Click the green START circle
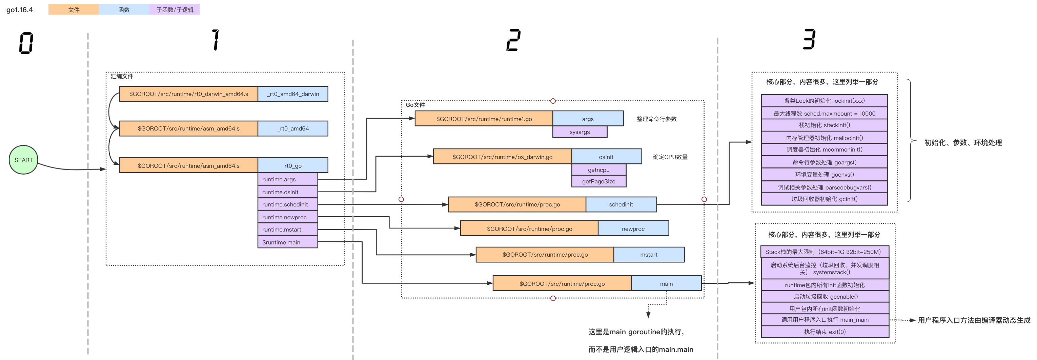coord(23,160)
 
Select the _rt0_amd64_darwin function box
coord(293,94)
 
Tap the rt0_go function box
coord(293,165)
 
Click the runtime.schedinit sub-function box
coord(287,204)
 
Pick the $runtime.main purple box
coord(287,242)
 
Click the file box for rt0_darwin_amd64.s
coord(188,94)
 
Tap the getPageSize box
coord(598,181)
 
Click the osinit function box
coord(606,157)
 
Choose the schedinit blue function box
coord(621,204)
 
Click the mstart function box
coord(649,255)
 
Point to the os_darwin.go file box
coord(502,157)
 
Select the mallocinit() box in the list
coord(824,138)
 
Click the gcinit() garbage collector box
coord(824,199)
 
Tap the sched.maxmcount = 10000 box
coord(824,114)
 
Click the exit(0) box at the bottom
coord(825,332)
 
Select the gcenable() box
coord(825,297)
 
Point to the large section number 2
coord(513,40)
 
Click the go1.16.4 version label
coord(20,10)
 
